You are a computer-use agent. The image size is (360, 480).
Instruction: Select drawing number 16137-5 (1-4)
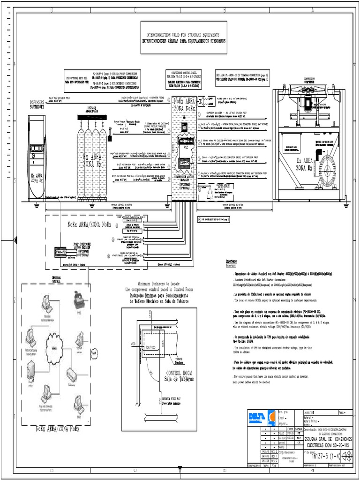coord(323,456)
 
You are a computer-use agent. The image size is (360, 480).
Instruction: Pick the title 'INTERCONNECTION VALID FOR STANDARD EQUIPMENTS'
coord(184,35)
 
